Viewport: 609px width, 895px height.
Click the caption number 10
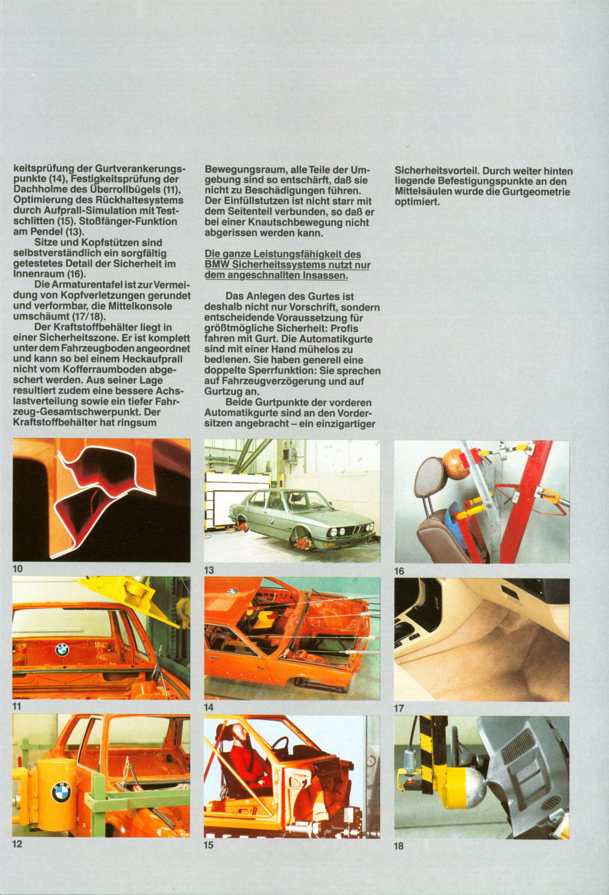point(18,569)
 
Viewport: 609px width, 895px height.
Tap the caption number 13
point(209,570)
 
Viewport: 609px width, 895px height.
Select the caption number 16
point(399,571)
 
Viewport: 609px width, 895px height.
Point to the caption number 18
point(399,846)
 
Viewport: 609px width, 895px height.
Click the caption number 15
point(209,845)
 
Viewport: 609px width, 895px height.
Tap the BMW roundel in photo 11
point(62,650)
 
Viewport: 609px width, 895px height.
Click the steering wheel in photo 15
point(280,745)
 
